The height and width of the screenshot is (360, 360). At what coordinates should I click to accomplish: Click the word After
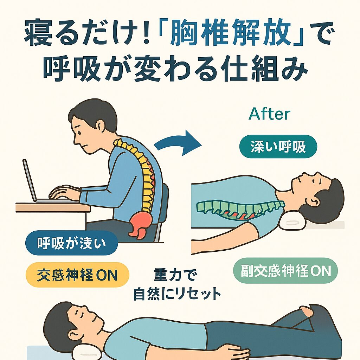tap(269, 114)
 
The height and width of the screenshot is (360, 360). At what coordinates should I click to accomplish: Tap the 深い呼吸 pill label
tap(278, 147)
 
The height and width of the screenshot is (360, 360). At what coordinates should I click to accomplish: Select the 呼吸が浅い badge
tap(71, 243)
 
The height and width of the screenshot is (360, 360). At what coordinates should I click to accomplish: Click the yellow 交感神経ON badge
tap(77, 275)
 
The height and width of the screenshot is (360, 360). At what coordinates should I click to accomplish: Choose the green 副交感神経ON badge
tap(285, 271)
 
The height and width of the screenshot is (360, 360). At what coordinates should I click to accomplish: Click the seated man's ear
tap(100, 126)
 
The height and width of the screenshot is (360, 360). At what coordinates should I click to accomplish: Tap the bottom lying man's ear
tap(75, 336)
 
